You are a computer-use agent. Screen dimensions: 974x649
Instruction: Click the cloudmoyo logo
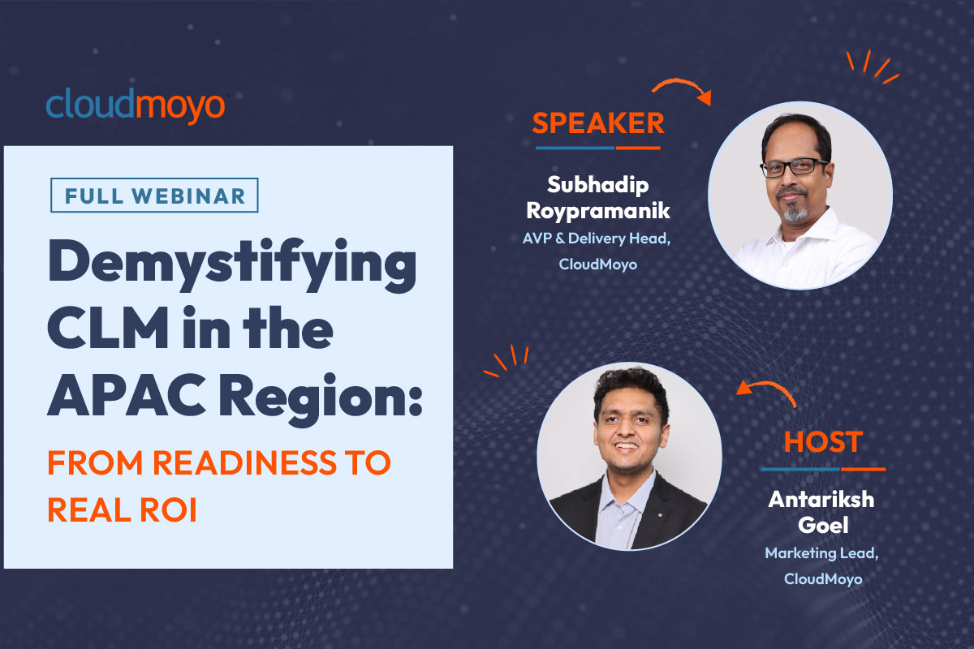coord(136,105)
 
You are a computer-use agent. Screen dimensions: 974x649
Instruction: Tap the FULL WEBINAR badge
coord(154,196)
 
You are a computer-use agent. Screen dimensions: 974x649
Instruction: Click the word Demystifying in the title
coord(232,264)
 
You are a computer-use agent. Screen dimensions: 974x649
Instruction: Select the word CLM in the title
coord(108,327)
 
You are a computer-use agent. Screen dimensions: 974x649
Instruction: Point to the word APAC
coord(126,395)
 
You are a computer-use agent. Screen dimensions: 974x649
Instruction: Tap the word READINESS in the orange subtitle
coord(245,462)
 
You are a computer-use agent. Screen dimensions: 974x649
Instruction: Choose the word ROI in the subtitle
coord(168,509)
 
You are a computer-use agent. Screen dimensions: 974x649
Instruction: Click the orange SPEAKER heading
coord(598,123)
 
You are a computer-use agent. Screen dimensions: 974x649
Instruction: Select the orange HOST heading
coord(823,442)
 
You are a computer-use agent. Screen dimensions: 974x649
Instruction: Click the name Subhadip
coord(598,186)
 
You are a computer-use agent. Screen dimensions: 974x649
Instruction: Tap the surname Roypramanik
coord(598,212)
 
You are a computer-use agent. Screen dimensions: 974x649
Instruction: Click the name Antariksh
coord(821,500)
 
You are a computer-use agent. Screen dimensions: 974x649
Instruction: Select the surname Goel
coord(823,525)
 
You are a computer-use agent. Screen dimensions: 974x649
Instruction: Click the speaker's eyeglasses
coord(793,167)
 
